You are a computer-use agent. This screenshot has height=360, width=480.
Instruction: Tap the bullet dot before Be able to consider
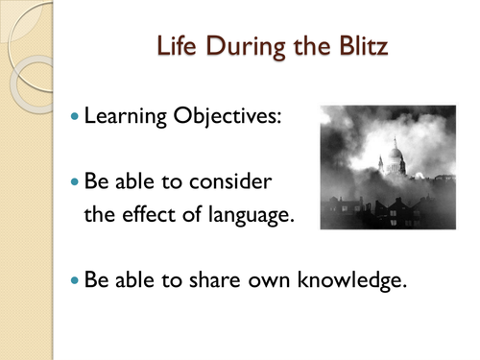pos(77,181)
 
